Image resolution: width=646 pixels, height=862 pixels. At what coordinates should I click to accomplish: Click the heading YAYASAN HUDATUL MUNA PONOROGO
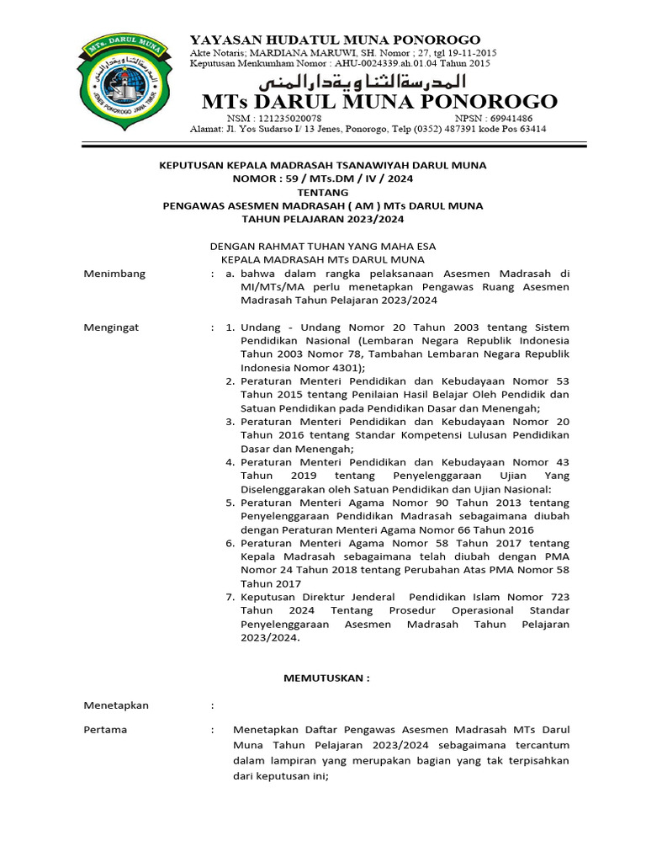[x=335, y=40]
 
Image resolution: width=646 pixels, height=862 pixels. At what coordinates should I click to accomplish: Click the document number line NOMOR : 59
[x=323, y=179]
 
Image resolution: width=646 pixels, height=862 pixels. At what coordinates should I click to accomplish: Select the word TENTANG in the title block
[x=323, y=192]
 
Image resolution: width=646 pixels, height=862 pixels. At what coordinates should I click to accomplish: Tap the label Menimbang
[x=115, y=274]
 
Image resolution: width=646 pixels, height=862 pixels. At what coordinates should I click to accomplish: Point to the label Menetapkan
[x=117, y=705]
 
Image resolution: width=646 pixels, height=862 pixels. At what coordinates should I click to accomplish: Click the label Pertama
[x=106, y=729]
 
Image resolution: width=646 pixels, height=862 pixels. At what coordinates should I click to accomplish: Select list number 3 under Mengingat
[x=230, y=421]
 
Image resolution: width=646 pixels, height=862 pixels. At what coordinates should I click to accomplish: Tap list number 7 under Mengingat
[x=230, y=596]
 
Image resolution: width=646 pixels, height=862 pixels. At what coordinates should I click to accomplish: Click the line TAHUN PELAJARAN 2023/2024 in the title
[x=323, y=219]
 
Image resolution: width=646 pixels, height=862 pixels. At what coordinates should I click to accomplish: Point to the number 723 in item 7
[x=558, y=596]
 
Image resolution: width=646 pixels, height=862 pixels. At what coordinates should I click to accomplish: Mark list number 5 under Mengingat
[x=230, y=502]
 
